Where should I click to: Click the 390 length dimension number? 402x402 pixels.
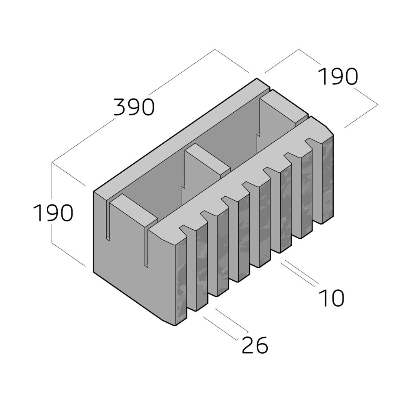[134, 107]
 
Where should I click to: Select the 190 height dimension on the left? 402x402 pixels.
[53, 212]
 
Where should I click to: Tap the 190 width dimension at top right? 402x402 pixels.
[337, 77]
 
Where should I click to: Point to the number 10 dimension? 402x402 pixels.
[331, 298]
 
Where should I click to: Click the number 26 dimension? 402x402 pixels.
[255, 345]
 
